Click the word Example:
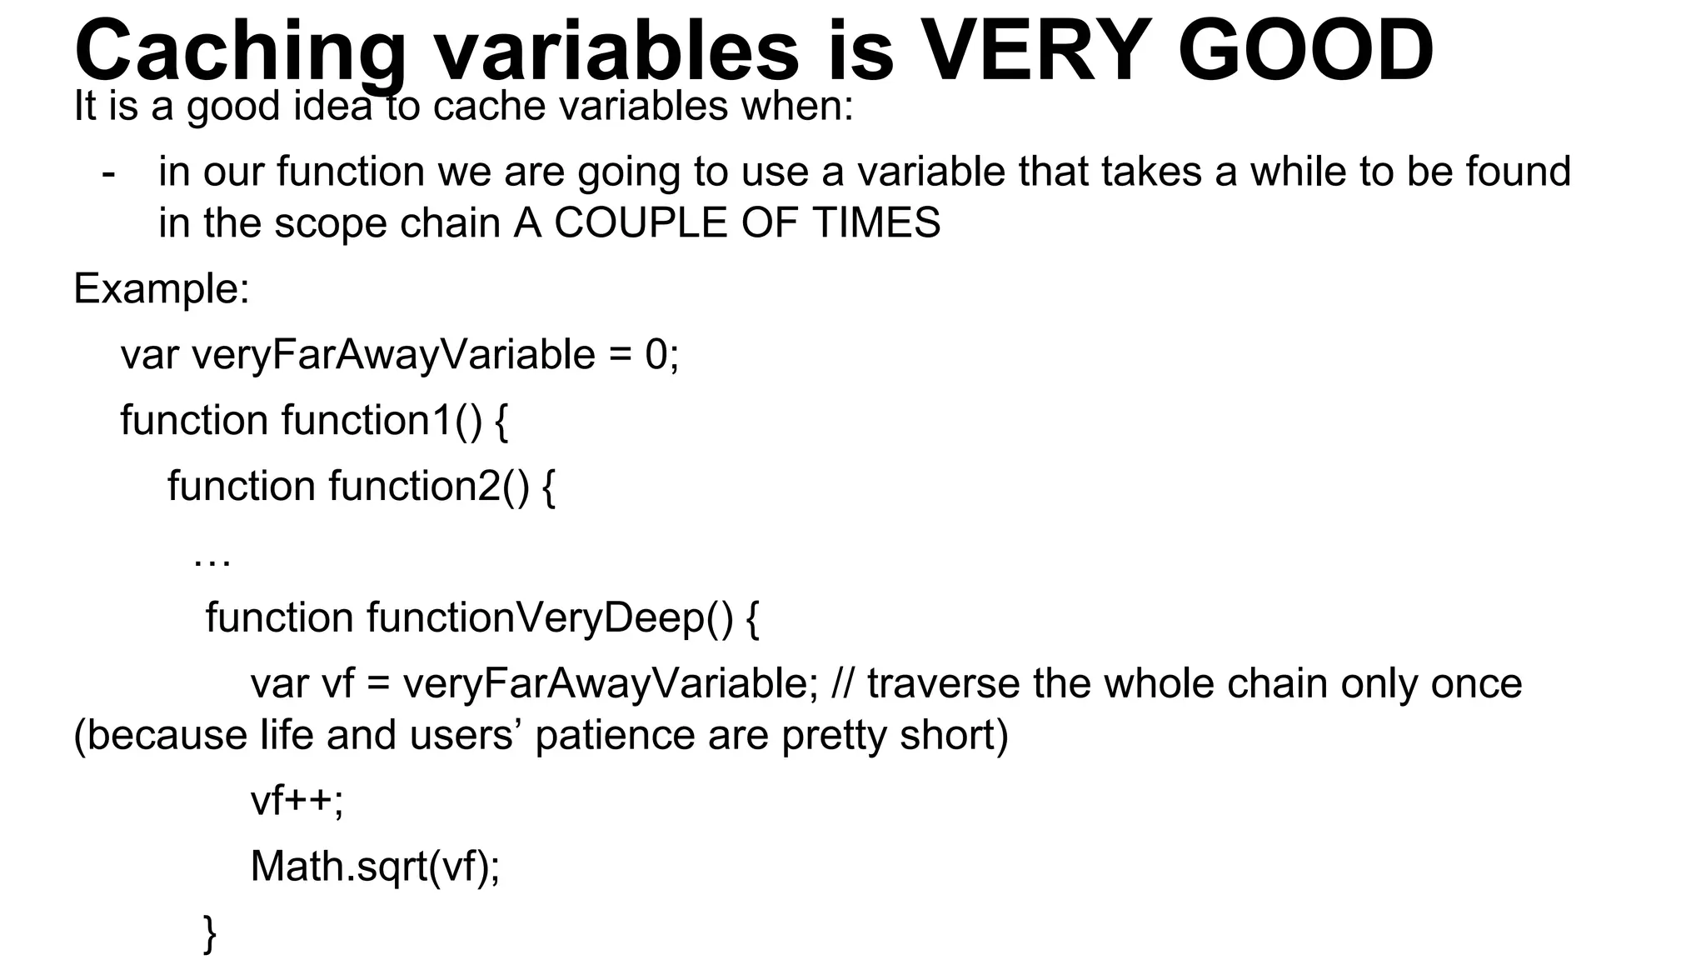(x=162, y=289)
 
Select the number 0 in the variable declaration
(x=656, y=355)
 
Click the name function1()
(x=382, y=420)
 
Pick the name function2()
(x=429, y=486)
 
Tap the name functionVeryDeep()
(x=550, y=618)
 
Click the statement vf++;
(x=297, y=801)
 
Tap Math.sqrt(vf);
(x=375, y=867)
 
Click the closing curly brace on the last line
(x=210, y=932)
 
